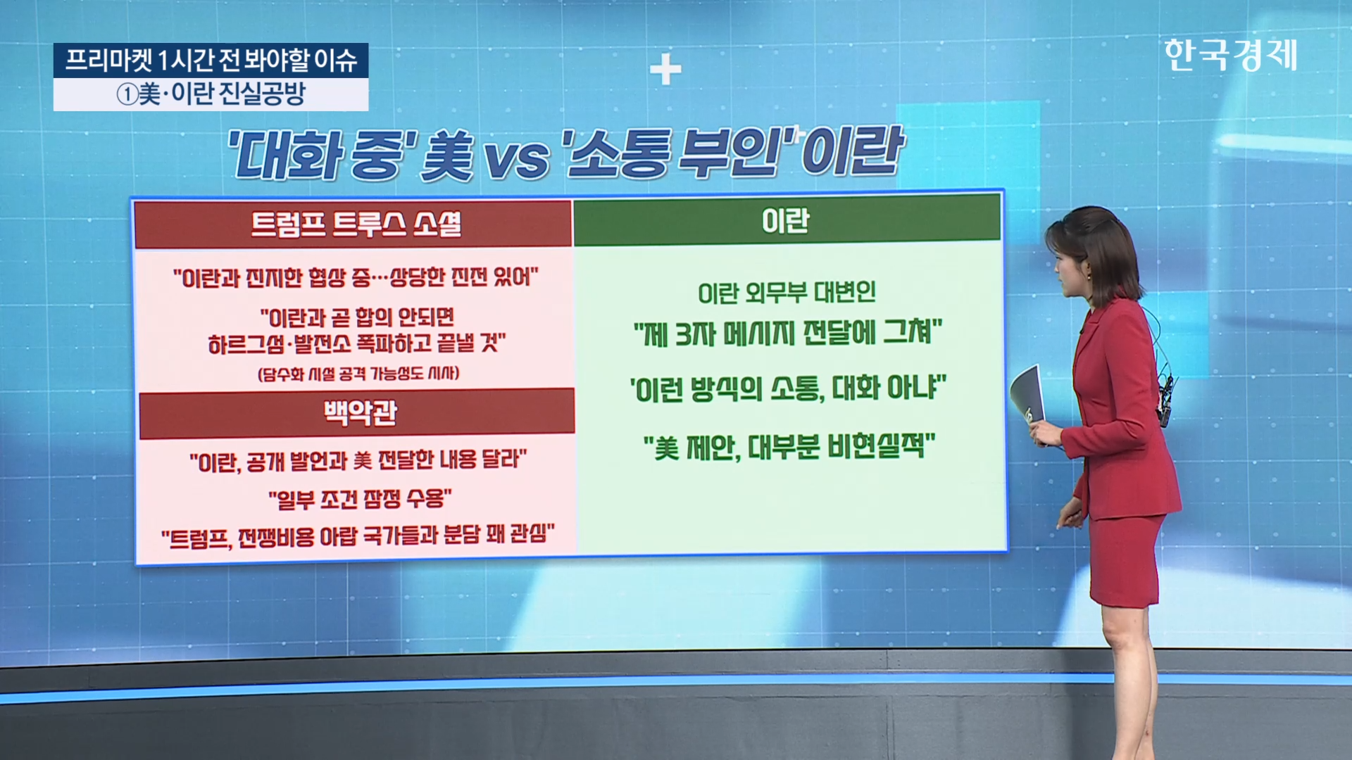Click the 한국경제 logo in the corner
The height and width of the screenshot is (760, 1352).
1230,55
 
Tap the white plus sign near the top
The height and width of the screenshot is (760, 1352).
665,69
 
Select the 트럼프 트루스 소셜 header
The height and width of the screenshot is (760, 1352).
356,224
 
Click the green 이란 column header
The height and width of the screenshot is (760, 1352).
786,221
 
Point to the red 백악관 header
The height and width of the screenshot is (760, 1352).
360,412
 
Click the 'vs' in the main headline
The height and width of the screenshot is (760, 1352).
517,158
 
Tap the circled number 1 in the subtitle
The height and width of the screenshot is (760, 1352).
127,94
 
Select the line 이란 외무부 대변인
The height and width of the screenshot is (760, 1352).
787,293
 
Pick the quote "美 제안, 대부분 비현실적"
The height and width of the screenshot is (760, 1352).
789,447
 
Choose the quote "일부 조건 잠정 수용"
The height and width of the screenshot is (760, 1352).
360,499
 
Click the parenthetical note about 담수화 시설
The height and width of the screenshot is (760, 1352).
358,374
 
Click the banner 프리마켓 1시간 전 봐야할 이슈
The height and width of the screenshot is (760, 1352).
211,61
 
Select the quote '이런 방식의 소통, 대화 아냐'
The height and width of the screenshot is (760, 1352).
787,388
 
